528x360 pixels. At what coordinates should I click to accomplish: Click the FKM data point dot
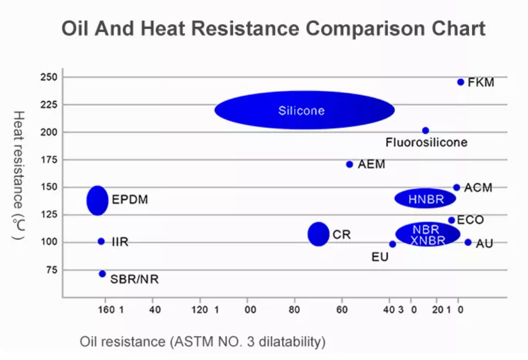461,82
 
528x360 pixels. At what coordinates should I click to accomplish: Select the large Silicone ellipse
304,110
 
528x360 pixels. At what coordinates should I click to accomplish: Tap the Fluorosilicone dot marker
425,131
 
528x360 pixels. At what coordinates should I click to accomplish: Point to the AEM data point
349,164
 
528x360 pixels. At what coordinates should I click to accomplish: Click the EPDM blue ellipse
98,200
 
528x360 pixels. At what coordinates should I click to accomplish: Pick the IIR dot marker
101,242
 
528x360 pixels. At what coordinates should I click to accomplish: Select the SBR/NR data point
102,274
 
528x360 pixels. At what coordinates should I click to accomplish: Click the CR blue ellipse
319,234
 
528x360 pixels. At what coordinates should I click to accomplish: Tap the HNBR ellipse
425,199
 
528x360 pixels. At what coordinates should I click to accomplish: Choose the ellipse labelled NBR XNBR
428,234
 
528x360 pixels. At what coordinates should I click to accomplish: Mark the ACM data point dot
457,187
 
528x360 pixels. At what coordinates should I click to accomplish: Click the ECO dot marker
451,220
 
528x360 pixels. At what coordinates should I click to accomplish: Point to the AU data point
468,242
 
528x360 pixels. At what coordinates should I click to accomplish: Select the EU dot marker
392,244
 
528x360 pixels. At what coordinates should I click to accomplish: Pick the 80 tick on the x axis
294,309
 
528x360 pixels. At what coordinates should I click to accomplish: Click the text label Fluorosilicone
426,142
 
